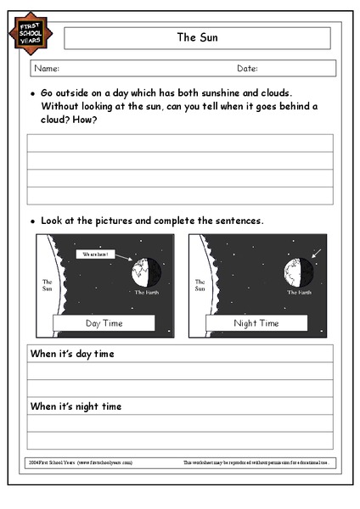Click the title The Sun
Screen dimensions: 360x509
point(196,37)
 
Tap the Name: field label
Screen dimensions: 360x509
point(47,69)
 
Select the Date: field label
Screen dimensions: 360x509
point(247,69)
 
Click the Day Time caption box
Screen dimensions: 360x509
point(103,322)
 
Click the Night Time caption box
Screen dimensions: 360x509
point(256,322)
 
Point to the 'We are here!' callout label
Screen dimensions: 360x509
point(93,254)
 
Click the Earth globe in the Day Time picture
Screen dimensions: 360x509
point(147,273)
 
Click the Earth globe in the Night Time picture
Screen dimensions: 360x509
point(299,273)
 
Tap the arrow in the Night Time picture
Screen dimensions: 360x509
point(317,252)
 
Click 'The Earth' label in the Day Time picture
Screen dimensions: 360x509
point(146,293)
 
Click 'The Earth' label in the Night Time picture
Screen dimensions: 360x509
point(299,293)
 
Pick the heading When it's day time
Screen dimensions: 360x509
point(72,354)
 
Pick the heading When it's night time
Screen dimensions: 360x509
point(76,406)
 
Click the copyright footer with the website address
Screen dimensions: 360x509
point(80,463)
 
